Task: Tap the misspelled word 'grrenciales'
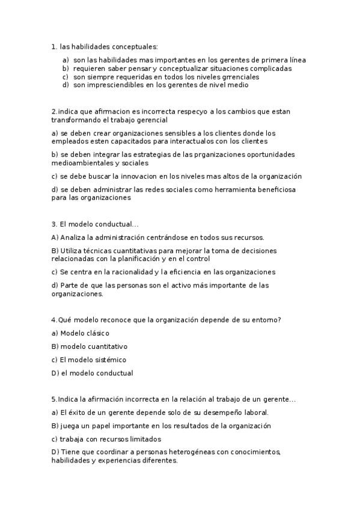point(239,77)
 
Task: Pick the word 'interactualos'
point(198,141)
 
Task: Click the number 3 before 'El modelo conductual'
point(53,224)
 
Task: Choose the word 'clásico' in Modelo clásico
point(97,333)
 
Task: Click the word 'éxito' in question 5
point(70,413)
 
